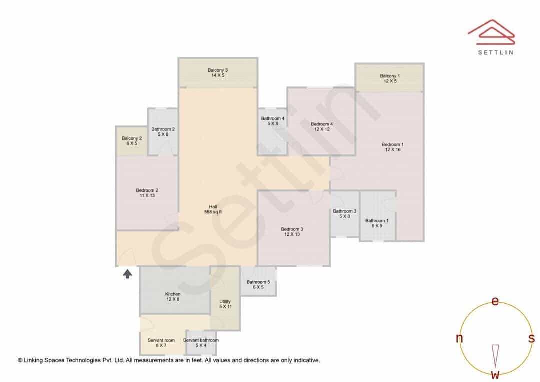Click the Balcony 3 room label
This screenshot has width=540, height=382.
click(x=217, y=72)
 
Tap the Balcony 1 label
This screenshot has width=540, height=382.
click(x=390, y=78)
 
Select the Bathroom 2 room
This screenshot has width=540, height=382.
click(x=163, y=132)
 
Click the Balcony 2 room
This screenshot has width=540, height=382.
click(x=132, y=141)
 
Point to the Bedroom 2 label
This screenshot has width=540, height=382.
click(x=147, y=193)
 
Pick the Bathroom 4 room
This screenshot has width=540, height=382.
click(x=273, y=132)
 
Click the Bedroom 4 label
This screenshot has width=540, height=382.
click(x=322, y=127)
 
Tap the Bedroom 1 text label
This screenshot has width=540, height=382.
click(x=393, y=147)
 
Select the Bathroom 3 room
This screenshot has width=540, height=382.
click(x=345, y=214)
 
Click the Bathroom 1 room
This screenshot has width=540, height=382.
click(x=378, y=216)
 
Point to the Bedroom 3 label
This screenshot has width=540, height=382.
click(x=292, y=232)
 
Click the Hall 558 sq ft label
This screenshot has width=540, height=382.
click(x=213, y=209)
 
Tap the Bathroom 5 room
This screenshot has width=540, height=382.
click(x=258, y=281)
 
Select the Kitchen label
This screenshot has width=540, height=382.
click(x=173, y=297)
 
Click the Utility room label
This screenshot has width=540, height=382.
click(x=225, y=304)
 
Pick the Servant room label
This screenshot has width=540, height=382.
click(x=161, y=342)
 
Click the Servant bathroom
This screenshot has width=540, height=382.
click(x=201, y=343)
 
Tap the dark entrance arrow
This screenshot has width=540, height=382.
click(x=128, y=274)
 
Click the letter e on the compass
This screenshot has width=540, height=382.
click(x=495, y=301)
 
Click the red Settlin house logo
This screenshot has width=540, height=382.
click(x=492, y=32)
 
